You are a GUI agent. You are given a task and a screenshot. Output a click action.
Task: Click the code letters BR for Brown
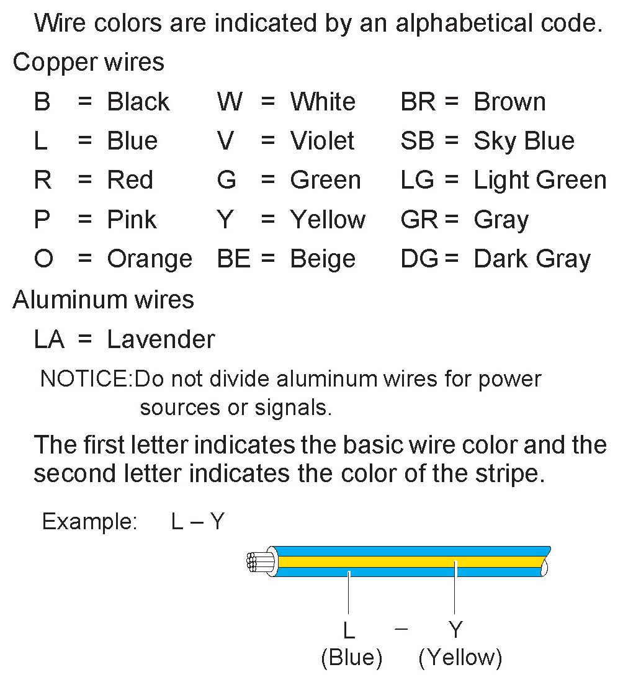[x=418, y=102]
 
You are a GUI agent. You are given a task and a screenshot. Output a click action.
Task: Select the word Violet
[x=322, y=141]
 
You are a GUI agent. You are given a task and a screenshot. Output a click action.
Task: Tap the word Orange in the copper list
[x=150, y=259]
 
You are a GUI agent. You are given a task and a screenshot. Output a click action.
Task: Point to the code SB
[x=418, y=141]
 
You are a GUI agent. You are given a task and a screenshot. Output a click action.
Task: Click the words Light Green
[x=540, y=181]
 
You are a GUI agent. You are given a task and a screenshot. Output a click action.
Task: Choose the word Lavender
[x=161, y=339]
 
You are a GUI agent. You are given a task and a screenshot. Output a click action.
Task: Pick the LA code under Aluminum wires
[x=49, y=339]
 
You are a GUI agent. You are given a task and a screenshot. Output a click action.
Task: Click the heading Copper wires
[x=89, y=63]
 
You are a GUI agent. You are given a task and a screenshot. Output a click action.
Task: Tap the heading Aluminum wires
[x=103, y=300]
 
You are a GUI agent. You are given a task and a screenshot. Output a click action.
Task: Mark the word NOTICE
[x=86, y=378]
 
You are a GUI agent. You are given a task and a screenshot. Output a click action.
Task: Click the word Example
[x=89, y=522]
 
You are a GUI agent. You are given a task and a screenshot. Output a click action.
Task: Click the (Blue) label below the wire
[x=351, y=658]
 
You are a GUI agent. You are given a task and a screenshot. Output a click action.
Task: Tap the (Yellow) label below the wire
[x=460, y=658]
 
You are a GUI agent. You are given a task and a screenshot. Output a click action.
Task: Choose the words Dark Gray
[x=532, y=259]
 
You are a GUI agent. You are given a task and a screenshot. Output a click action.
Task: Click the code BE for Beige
[x=234, y=259]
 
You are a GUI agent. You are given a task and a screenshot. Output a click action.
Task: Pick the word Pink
[x=132, y=220]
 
